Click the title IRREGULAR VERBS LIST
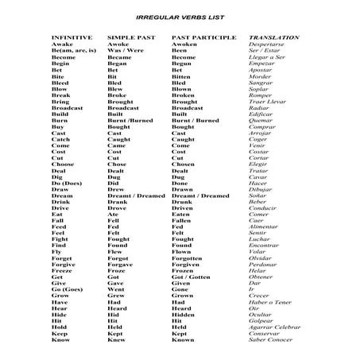click(179, 16)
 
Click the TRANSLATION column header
click(274, 37)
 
